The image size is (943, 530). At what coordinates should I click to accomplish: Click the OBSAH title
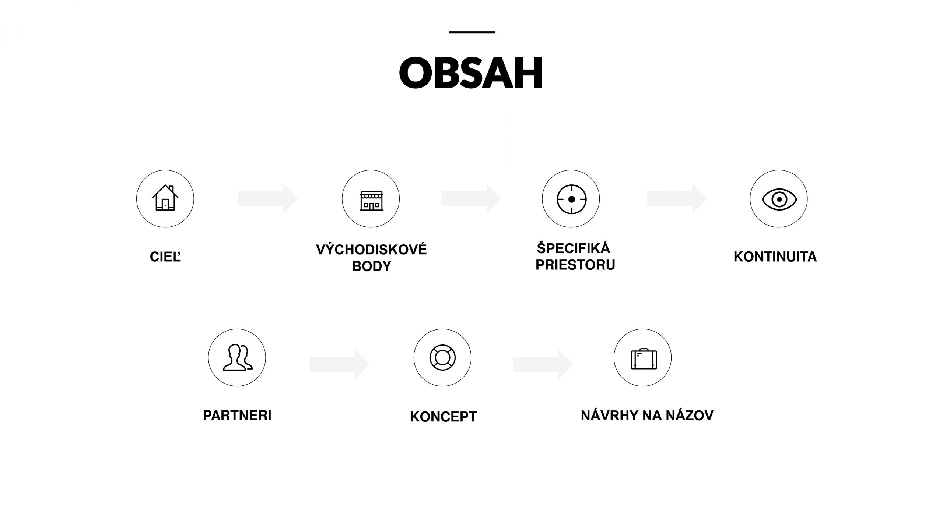click(x=471, y=73)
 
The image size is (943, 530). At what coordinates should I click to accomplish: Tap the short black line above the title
click(x=472, y=32)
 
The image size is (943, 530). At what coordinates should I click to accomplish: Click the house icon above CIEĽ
click(x=165, y=198)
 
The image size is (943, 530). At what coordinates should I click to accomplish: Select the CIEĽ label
click(x=165, y=257)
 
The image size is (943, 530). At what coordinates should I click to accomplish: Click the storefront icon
click(x=371, y=201)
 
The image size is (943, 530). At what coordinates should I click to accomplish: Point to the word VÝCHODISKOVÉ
click(x=371, y=250)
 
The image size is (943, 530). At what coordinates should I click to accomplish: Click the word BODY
click(x=371, y=266)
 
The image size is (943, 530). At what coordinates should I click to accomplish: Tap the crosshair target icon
click(x=571, y=199)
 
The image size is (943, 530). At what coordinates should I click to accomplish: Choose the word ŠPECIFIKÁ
click(x=573, y=248)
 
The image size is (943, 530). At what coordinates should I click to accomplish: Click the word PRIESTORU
click(x=575, y=265)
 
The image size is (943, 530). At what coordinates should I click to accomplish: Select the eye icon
click(x=779, y=199)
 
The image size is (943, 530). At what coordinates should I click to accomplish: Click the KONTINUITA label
click(x=775, y=257)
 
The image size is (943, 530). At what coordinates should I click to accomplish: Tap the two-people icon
click(x=238, y=357)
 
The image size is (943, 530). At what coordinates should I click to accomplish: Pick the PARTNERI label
click(x=237, y=416)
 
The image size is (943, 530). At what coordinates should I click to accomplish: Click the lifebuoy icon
click(x=442, y=357)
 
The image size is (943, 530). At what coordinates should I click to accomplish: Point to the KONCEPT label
click(x=443, y=417)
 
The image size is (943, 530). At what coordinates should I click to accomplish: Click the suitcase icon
click(x=644, y=359)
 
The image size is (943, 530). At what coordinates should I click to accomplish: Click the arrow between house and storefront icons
click(x=268, y=199)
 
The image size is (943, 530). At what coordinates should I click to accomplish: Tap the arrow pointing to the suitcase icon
click(x=543, y=364)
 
